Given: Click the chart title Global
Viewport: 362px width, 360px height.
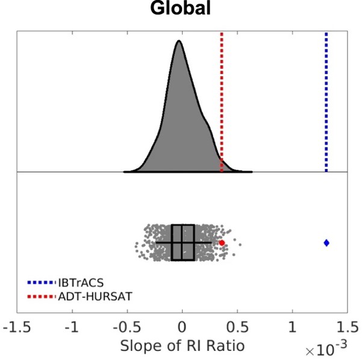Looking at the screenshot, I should (x=181, y=10).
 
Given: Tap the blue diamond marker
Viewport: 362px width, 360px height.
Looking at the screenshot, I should (x=326, y=242).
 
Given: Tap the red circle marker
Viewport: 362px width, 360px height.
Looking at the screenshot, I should (x=222, y=242).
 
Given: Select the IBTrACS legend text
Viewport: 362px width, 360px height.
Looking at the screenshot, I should (x=81, y=282).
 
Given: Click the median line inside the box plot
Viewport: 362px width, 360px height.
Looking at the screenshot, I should (x=182, y=242).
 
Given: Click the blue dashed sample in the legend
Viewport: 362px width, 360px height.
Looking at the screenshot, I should (x=42, y=282).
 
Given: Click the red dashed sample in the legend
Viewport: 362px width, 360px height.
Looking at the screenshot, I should (x=42, y=296).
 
